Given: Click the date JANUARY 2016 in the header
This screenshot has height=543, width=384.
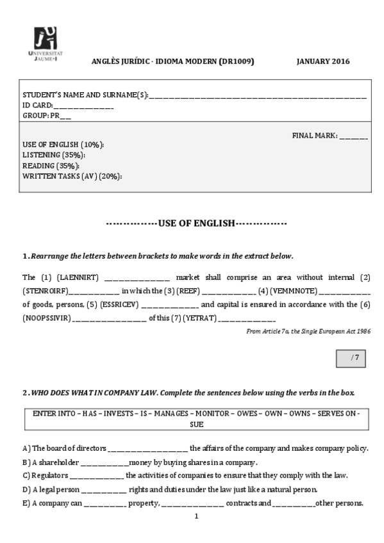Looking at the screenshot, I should coord(323,61).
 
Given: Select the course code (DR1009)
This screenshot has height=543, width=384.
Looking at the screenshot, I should coord(237,61).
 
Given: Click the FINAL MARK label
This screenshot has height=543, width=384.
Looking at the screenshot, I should coord(314,136).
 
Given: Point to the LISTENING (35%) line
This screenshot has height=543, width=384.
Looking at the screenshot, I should coord(54,155).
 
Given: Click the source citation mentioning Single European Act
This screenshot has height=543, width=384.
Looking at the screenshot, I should coord(308,331).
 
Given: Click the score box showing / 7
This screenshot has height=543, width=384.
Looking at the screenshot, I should coord(351,359).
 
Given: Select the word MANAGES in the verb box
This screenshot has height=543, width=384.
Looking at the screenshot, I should coord(174,414).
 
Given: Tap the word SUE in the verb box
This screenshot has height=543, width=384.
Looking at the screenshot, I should coord(196,424).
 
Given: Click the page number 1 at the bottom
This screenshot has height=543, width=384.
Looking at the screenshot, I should coord(196,515).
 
